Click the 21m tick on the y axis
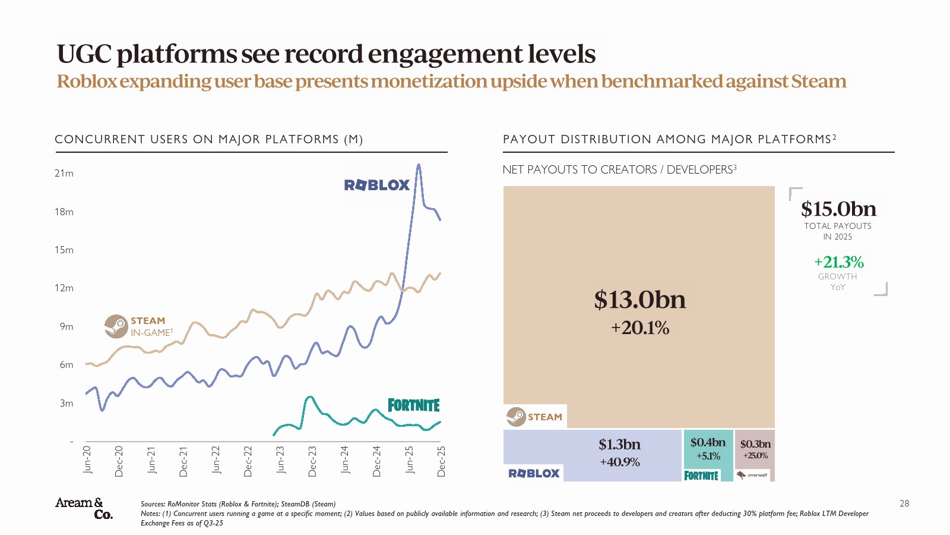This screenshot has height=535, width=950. click(64, 174)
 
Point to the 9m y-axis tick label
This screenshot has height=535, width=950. click(66, 326)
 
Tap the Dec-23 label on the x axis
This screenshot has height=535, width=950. click(312, 461)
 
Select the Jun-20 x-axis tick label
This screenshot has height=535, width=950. click(87, 460)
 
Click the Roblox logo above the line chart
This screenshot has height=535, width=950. click(377, 185)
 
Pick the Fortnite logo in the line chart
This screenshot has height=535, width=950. click(414, 405)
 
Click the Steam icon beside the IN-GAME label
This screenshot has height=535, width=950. click(116, 326)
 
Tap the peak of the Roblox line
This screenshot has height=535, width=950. click(419, 165)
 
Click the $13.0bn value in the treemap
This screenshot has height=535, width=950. click(639, 300)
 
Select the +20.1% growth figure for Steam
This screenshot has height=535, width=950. click(639, 328)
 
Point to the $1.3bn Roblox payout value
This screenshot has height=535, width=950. click(619, 445)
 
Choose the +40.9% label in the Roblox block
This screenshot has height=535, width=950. click(619, 462)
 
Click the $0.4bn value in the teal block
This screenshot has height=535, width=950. click(708, 442)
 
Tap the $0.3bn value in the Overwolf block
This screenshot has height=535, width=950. click(755, 444)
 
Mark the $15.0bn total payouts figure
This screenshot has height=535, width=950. click(838, 209)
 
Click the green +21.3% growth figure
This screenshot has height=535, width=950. click(838, 262)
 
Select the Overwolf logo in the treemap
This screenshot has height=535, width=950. click(752, 475)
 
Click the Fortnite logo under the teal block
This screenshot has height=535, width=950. click(701, 476)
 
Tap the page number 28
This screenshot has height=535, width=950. click(904, 503)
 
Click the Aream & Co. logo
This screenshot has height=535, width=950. click(84, 508)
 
